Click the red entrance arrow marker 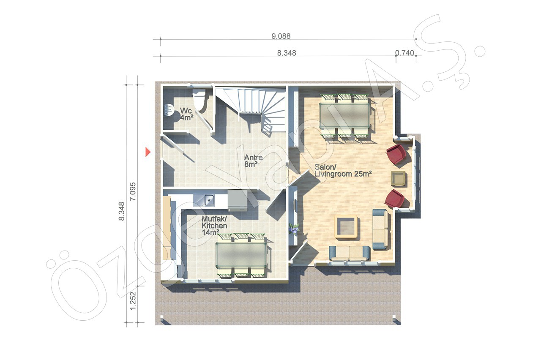click(148, 152)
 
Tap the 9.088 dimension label click(281, 36)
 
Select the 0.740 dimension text click(404, 53)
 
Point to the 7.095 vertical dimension click(133, 191)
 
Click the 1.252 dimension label click(133, 301)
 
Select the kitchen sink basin click(209, 200)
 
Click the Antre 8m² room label click(253, 161)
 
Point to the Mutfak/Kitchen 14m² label click(214, 226)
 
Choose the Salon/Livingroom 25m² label click(343, 170)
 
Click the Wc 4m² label click(186, 114)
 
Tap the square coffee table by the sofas click(346, 226)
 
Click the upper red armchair click(396, 154)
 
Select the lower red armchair click(395, 199)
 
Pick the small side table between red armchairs click(398, 178)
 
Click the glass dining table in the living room click(344, 116)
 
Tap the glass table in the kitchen click(241, 255)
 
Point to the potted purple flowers click(294, 229)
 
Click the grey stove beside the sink click(238, 200)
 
